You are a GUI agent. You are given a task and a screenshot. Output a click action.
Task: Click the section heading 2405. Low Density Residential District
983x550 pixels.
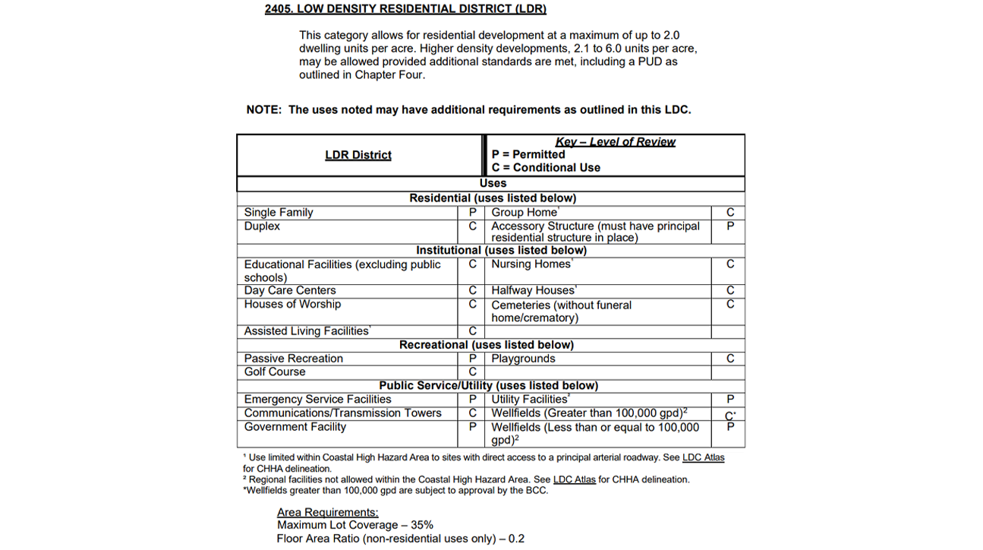405,9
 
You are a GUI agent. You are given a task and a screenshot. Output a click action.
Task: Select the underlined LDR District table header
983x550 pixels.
358,155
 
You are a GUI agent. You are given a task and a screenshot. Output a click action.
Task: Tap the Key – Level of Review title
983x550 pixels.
615,142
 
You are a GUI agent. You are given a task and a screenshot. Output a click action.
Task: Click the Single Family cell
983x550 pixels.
279,213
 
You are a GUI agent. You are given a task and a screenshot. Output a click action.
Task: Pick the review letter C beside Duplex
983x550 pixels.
472,226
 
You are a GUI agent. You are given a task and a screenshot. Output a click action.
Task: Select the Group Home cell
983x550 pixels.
525,213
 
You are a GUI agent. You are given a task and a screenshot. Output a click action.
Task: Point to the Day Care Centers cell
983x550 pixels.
290,290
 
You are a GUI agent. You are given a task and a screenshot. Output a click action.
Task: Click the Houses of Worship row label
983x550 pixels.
292,304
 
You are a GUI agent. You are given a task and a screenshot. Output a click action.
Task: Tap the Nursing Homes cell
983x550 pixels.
531,264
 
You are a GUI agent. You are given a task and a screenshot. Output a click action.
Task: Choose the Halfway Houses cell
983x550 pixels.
534,290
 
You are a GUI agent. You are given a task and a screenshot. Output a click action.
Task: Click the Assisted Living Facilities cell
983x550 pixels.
307,331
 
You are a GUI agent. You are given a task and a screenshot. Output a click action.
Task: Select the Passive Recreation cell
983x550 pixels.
294,359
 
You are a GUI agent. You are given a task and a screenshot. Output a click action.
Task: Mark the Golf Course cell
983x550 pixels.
275,371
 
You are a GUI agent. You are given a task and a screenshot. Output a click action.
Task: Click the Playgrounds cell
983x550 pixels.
523,359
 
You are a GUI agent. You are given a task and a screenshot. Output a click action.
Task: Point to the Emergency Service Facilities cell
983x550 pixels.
318,399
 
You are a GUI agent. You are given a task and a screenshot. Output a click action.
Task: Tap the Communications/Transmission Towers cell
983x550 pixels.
343,412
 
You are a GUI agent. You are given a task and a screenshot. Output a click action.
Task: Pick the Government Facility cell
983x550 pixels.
295,427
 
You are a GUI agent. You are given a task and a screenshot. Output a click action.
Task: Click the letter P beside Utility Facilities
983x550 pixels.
730,400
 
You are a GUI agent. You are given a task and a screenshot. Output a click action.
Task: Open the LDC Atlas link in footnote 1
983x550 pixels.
703,457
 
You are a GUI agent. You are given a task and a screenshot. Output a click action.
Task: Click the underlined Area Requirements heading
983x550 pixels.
328,513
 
